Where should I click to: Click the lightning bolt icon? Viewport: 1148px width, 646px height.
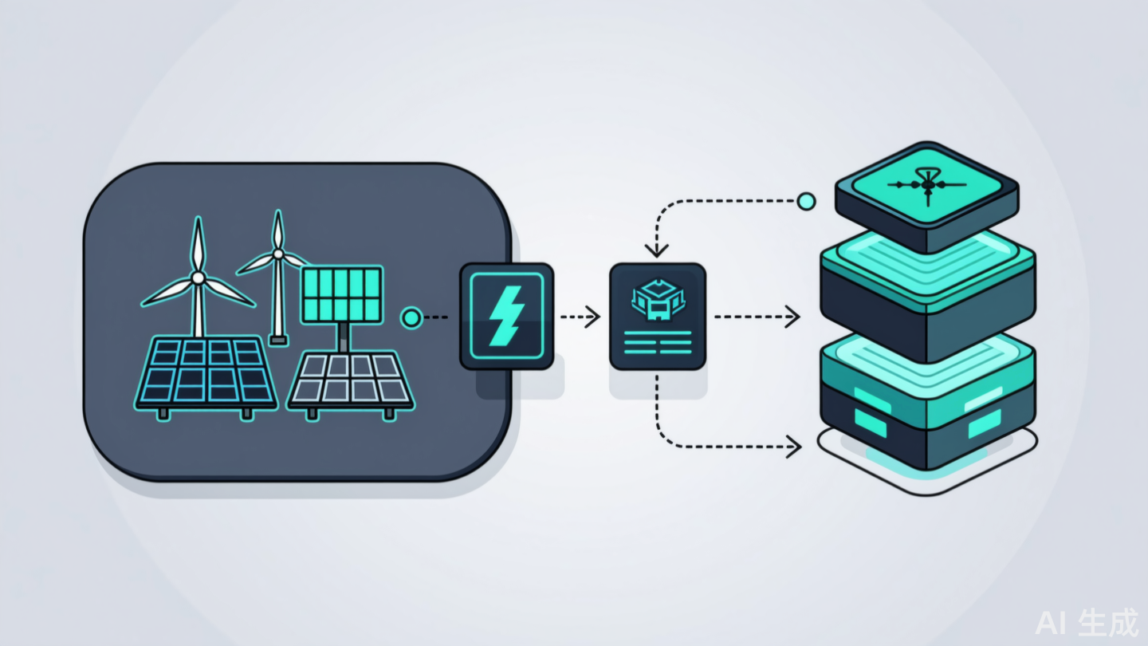pyautogui.click(x=506, y=316)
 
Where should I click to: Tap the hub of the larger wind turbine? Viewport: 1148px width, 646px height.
pyautogui.click(x=197, y=278)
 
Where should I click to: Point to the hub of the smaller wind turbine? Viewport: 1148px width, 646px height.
pyautogui.click(x=278, y=254)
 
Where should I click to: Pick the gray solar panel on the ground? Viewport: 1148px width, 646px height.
pyautogui.click(x=350, y=379)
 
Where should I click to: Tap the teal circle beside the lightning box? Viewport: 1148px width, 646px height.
pyautogui.click(x=411, y=318)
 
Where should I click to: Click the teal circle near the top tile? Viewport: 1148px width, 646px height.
pyautogui.click(x=806, y=201)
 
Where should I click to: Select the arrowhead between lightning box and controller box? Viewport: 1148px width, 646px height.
pyautogui.click(x=592, y=317)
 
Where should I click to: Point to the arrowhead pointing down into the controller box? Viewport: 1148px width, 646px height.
pyautogui.click(x=656, y=250)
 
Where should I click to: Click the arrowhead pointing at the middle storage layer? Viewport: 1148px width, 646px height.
pyautogui.click(x=792, y=317)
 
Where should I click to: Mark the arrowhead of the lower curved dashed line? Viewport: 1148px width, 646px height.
pyautogui.click(x=793, y=446)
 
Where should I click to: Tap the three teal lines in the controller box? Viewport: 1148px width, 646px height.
pyautogui.click(x=657, y=343)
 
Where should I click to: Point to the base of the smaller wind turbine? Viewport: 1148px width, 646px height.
pyautogui.click(x=278, y=341)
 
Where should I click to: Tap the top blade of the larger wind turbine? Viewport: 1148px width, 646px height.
pyautogui.click(x=197, y=243)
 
